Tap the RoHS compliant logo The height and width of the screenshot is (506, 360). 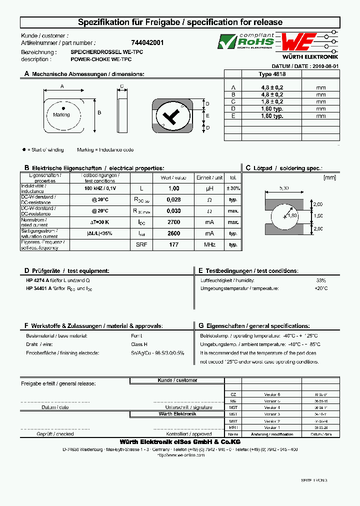(246, 41)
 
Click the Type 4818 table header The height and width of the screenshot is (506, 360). (272, 73)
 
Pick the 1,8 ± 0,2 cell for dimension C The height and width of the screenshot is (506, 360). (272, 101)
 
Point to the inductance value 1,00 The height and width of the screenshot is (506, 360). (173, 188)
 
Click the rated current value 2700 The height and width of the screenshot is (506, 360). (173, 222)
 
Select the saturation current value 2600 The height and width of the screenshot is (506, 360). (173, 233)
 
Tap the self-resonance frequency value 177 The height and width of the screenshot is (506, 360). (173, 245)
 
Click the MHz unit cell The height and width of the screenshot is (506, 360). (209, 245)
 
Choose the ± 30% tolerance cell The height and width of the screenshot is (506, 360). (233, 188)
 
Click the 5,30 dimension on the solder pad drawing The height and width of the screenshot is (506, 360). (285, 188)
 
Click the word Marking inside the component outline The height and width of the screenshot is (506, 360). (61, 115)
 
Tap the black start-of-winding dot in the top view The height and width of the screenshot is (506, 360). (63, 108)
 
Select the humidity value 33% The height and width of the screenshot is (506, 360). (320, 280)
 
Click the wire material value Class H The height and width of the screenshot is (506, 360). (139, 344)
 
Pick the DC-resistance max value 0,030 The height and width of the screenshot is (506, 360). (173, 211)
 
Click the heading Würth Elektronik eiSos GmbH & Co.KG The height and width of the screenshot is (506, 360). (180, 442)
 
